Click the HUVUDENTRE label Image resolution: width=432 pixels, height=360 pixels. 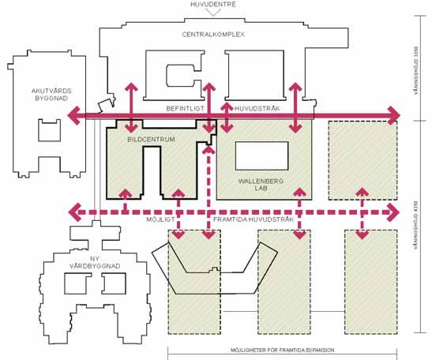(x=213, y=4)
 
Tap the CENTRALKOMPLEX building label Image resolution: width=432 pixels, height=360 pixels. (x=213, y=35)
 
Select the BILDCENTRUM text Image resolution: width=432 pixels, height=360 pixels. (x=151, y=140)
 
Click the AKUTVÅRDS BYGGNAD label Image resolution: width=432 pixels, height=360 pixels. (x=51, y=95)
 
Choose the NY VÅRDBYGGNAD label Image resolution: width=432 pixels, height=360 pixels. (x=95, y=262)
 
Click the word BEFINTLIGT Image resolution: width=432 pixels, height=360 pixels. (x=185, y=108)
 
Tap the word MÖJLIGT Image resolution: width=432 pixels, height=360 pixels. (x=160, y=219)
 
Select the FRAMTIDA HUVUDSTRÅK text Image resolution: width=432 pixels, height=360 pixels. (x=254, y=219)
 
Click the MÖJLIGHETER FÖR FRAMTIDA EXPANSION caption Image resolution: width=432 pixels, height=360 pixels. (x=283, y=350)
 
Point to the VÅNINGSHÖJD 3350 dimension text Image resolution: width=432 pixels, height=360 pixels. (x=416, y=70)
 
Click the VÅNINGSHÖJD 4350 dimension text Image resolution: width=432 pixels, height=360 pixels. (x=416, y=225)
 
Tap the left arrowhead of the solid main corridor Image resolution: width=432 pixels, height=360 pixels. (x=73, y=115)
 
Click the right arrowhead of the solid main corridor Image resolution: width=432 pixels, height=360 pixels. (x=393, y=115)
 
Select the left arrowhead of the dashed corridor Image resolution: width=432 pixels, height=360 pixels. (x=74, y=212)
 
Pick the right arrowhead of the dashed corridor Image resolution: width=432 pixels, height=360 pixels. (x=393, y=212)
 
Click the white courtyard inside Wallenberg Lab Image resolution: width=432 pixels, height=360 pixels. (x=261, y=156)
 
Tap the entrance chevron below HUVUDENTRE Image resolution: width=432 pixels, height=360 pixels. (x=213, y=13)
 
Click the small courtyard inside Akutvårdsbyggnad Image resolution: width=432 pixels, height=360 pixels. (x=49, y=130)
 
